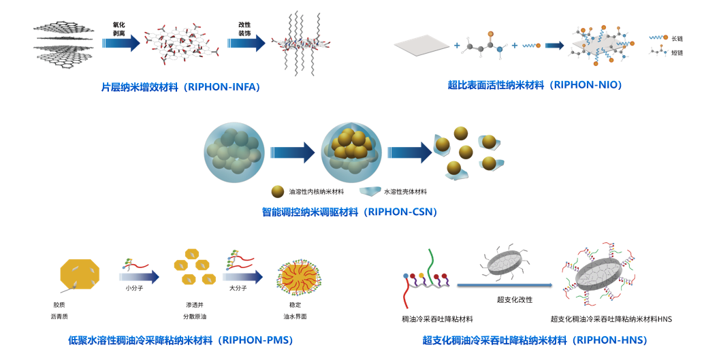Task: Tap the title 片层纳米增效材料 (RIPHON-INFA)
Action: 180,87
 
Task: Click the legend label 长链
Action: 677,37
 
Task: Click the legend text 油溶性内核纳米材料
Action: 317,192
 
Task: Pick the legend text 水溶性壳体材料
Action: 407,192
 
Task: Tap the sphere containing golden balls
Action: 351,150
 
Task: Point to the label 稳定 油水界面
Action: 298,311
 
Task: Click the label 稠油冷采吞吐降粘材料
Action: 437,318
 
